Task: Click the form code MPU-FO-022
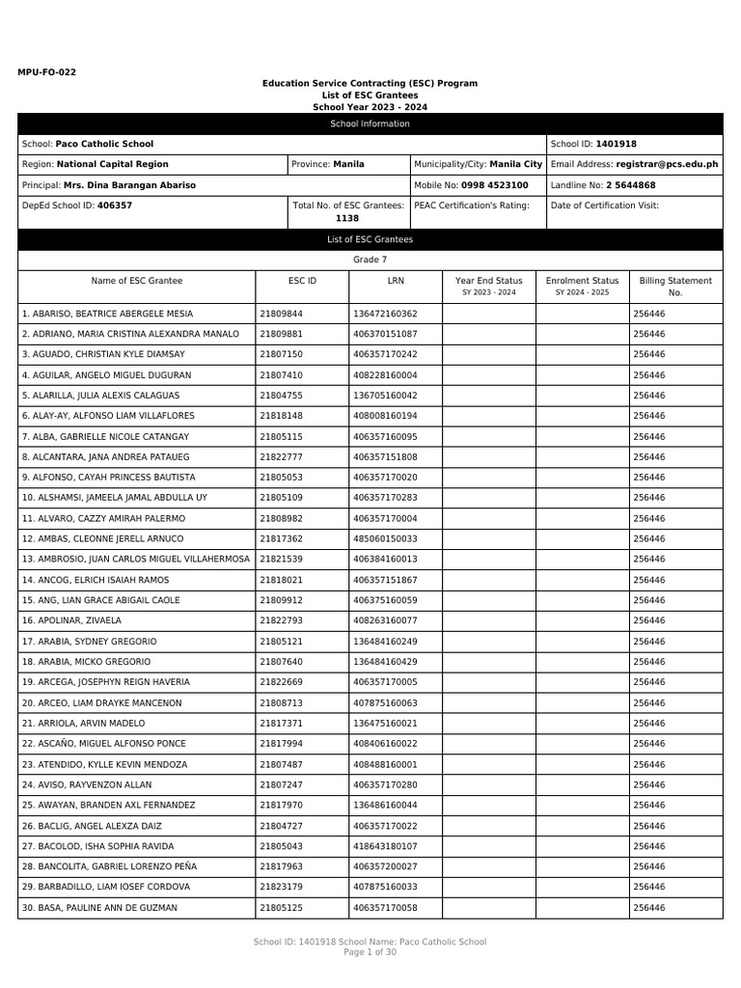46,72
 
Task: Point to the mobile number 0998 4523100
494,184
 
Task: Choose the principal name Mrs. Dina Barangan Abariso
129,184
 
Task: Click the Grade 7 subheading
370,260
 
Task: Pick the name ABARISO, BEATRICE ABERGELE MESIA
107,314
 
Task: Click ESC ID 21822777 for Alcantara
281,456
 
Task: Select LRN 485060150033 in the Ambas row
385,538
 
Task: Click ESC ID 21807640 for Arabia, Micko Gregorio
281,662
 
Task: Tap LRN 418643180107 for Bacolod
385,846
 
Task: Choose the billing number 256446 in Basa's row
648,908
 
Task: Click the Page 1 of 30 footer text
370,952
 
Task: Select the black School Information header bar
370,123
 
